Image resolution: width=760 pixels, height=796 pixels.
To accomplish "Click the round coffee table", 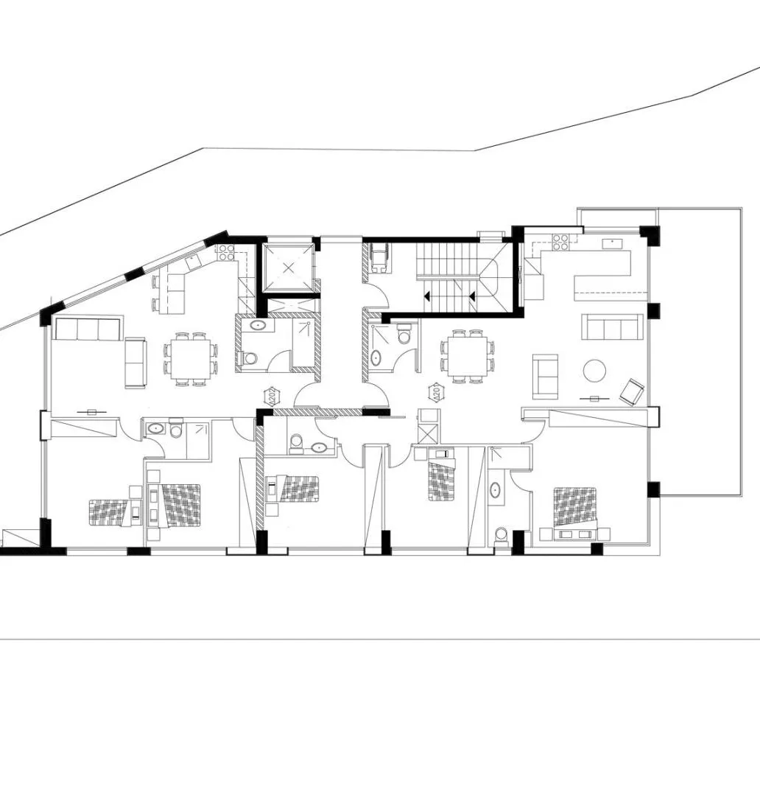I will coord(595,370).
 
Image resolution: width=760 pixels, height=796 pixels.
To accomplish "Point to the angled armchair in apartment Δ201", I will coord(632,391).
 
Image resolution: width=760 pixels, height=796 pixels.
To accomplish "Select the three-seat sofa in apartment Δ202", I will coord(88,329).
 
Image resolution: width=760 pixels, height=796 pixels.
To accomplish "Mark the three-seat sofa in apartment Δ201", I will coord(612,327).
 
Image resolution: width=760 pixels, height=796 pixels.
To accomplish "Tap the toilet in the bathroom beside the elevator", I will coord(250,359).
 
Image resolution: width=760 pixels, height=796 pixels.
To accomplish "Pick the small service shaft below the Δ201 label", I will coord(427,427).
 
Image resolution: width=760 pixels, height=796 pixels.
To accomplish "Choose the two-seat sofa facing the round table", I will coord(545,375).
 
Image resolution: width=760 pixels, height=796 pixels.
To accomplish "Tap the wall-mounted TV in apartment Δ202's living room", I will coord(92,412).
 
